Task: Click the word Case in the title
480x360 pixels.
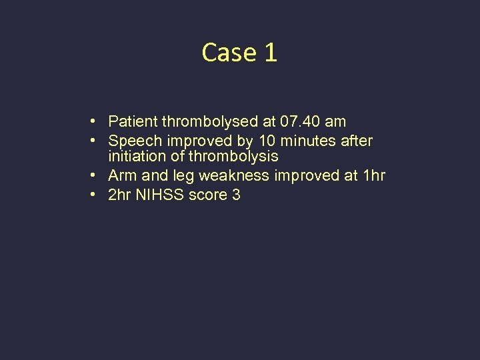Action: (229, 53)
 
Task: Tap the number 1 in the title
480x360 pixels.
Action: (270, 53)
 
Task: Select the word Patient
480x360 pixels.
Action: (132, 121)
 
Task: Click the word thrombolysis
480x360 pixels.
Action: (233, 157)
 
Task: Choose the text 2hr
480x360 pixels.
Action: (120, 195)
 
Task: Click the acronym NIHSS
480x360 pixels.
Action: (159, 195)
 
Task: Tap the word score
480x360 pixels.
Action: (207, 195)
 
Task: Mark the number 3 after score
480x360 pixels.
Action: (236, 195)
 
